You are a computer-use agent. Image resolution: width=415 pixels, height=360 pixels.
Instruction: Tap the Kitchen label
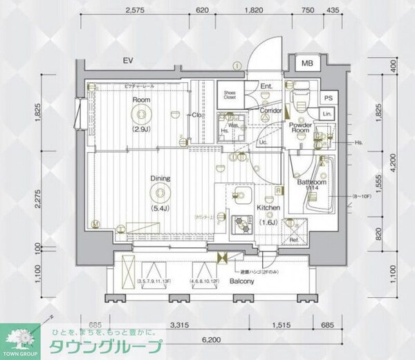pos(268,207)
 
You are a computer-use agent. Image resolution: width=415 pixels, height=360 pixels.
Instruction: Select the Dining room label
pos(161,178)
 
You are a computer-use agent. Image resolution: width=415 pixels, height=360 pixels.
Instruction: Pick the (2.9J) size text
pos(142,129)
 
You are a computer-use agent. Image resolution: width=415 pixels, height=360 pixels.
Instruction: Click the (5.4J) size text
pos(161,208)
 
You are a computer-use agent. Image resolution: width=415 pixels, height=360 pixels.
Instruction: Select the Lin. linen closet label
pos(329,113)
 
